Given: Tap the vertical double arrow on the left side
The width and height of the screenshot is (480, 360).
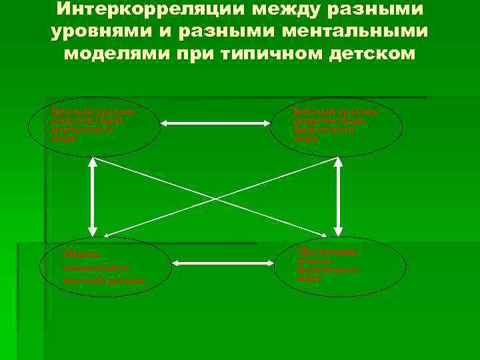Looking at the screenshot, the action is coord(89,197).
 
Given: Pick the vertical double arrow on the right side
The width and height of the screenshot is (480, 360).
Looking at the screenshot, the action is coord(338,197).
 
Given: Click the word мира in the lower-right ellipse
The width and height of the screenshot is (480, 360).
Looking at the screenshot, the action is coord(309,279).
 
